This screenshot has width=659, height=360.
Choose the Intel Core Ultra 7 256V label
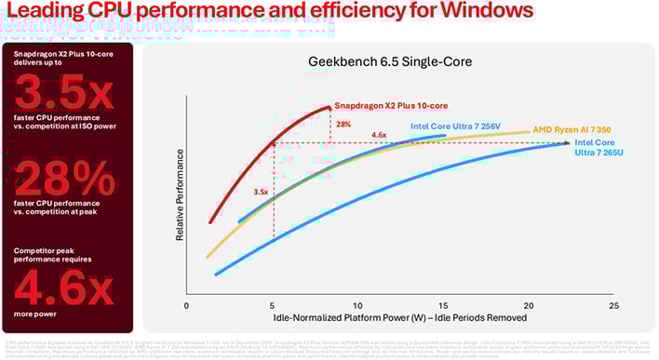click(463, 127)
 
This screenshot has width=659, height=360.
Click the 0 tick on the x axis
click(187, 304)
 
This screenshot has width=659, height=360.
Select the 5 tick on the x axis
click(273, 304)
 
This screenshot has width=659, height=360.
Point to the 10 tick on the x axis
click(357, 304)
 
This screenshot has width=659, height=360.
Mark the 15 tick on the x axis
click(443, 304)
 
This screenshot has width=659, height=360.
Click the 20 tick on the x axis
click(528, 304)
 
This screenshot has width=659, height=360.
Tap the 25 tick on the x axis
click(612, 304)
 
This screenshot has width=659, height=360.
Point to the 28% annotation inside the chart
click(343, 124)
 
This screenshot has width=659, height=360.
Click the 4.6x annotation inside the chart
click(379, 136)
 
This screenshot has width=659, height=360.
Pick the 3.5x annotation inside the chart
click(262, 193)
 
